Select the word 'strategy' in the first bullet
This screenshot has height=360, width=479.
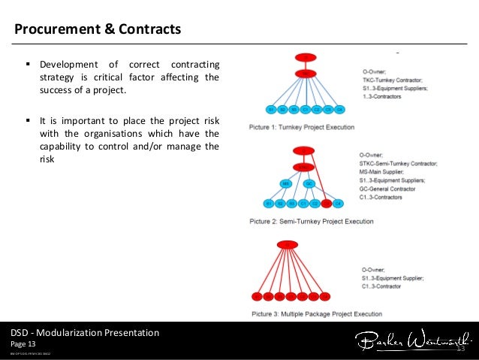[62, 77]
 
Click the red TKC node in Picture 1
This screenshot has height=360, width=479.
[306, 74]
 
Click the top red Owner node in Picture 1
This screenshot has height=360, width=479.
[306, 58]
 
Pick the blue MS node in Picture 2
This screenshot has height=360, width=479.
[286, 183]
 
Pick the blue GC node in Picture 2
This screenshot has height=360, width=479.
[309, 183]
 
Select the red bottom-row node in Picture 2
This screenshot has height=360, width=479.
[326, 204]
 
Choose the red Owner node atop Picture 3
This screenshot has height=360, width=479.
[288, 244]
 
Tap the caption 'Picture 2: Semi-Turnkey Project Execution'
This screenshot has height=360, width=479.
[311, 222]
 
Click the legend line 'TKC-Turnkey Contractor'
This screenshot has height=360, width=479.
[391, 80]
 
